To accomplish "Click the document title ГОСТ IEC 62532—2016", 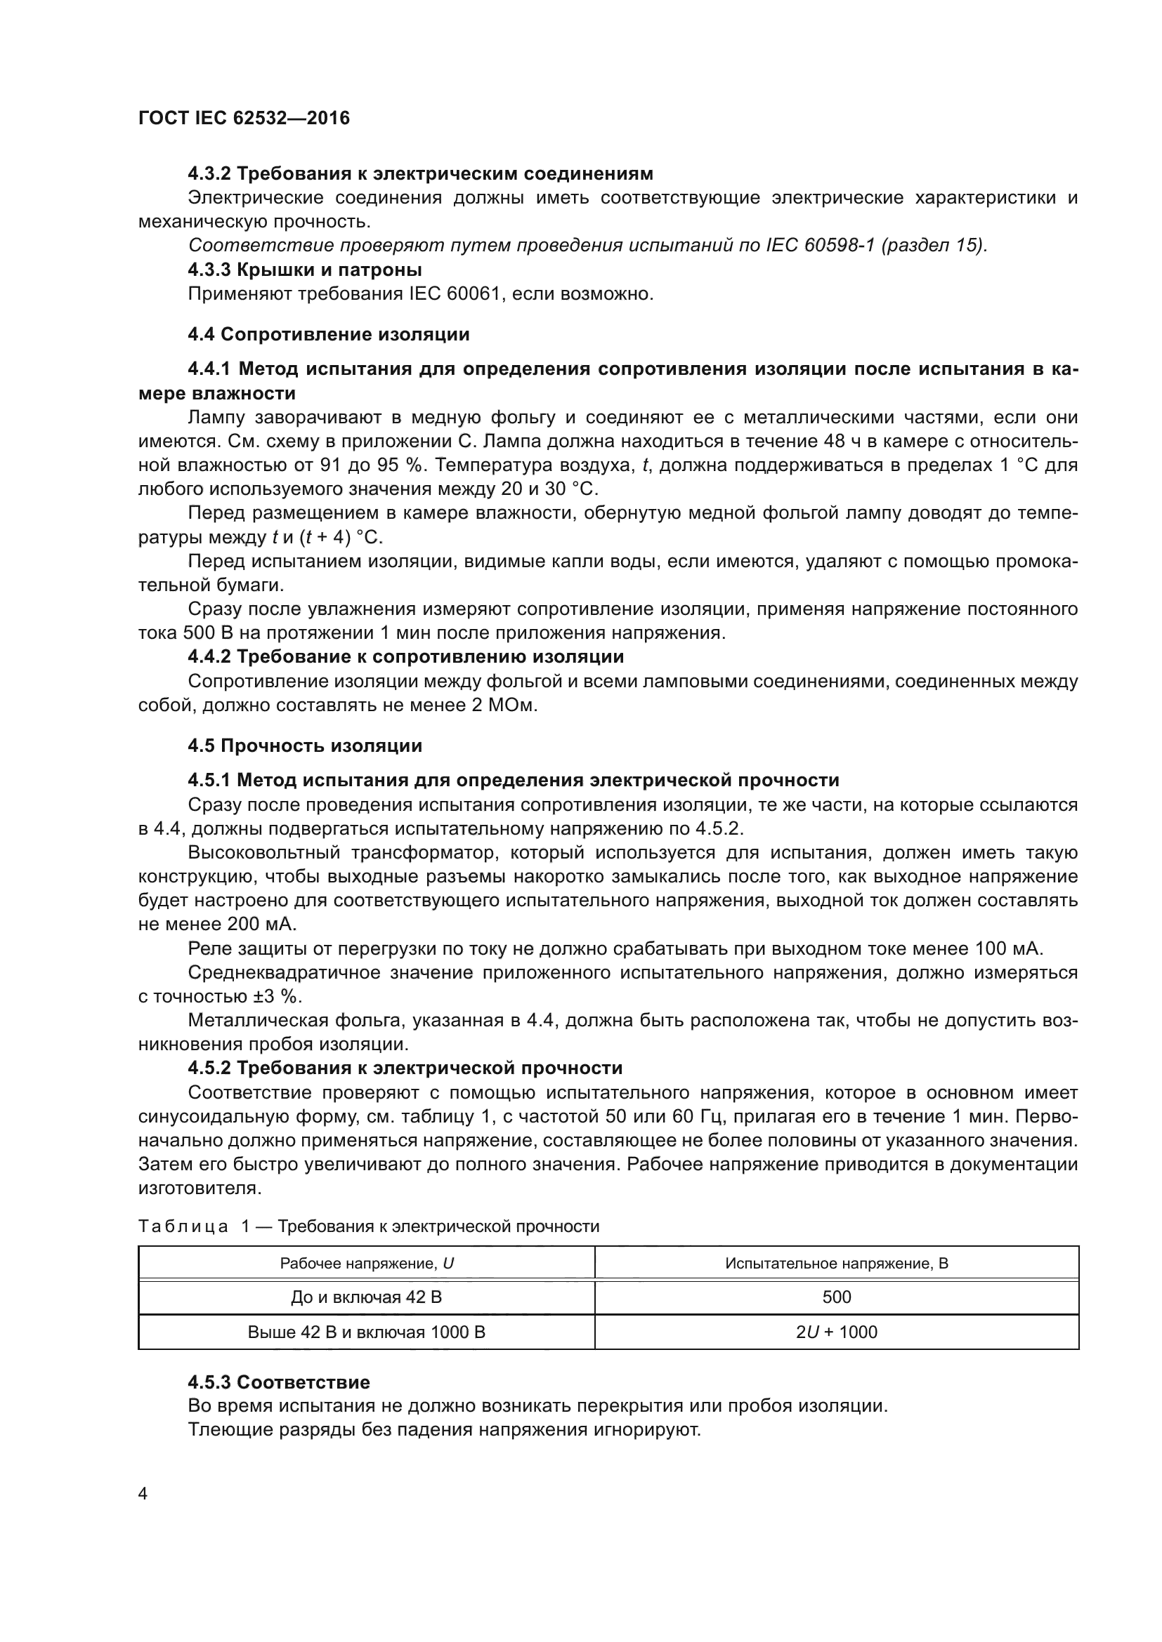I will click(244, 118).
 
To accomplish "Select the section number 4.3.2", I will click(209, 174).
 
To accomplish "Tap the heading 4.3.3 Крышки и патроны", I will click(305, 270).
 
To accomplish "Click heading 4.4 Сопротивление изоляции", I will click(328, 334).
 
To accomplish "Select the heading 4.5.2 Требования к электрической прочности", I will click(405, 1068).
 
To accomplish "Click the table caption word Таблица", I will click(183, 1227).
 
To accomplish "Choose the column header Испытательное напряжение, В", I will click(837, 1264).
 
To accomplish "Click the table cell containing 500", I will click(837, 1297).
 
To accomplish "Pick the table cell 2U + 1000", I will click(837, 1332).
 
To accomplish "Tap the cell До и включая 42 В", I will click(366, 1297).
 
